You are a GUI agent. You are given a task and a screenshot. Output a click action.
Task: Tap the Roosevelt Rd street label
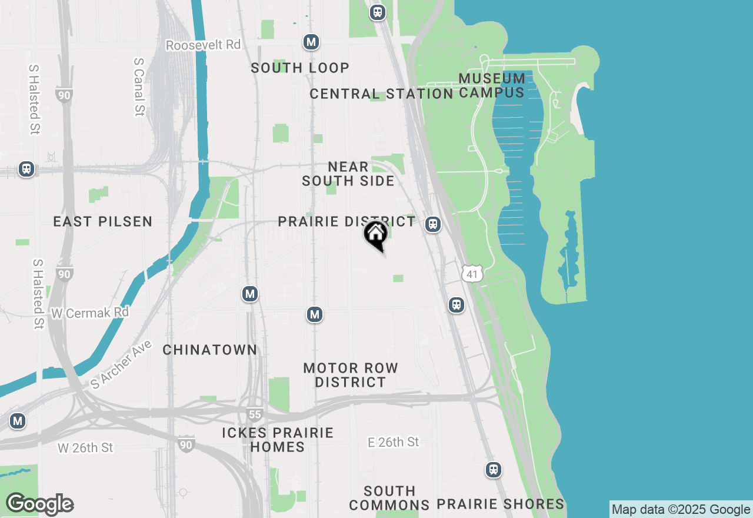203,45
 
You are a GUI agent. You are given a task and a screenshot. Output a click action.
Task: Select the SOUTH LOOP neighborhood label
300,68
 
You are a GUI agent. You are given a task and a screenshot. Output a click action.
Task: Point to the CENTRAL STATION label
381,94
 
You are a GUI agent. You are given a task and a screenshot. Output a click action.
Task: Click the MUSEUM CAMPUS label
492,85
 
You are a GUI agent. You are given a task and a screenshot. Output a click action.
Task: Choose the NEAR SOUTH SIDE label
348,174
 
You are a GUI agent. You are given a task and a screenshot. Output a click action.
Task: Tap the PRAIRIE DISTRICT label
346,222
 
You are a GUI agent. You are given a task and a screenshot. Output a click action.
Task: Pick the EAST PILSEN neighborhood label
103,222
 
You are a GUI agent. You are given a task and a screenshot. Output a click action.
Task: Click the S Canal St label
139,87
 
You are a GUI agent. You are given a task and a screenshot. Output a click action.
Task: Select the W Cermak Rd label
90,313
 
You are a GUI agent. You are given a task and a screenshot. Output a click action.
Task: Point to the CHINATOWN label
210,350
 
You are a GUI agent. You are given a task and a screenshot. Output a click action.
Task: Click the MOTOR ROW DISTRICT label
351,375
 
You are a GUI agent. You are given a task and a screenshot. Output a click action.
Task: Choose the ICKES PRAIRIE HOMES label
278,440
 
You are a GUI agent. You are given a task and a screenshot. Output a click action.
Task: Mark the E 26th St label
393,442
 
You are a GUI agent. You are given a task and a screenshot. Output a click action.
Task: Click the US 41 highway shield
472,273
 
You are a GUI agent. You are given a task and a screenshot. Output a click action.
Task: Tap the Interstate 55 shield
254,414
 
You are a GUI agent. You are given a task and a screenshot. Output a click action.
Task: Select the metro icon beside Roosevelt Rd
311,42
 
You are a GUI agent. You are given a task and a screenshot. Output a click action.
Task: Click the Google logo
39,504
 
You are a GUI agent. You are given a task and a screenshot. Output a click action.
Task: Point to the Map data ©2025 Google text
681,510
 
